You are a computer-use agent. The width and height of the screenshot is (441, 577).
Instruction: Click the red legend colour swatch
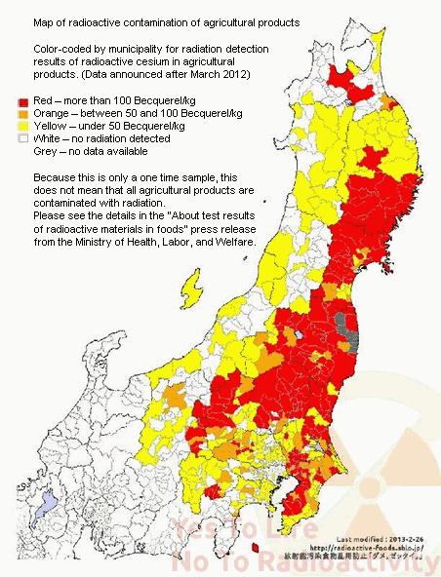point(22,100)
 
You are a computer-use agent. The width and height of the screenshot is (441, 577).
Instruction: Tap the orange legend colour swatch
point(22,113)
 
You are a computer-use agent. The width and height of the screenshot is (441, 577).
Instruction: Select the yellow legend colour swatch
point(22,126)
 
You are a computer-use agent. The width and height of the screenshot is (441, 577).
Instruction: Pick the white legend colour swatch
point(22,138)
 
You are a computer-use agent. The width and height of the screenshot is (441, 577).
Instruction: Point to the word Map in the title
point(44,20)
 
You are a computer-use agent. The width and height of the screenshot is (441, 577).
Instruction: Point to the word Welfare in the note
point(232,241)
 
